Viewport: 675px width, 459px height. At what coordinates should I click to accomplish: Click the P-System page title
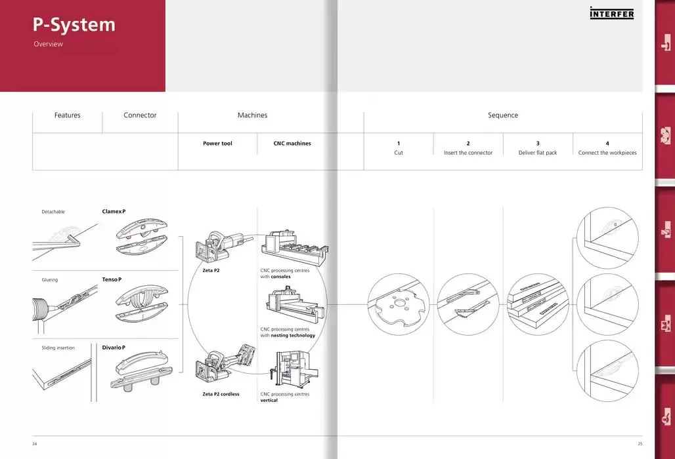pyautogui.click(x=74, y=25)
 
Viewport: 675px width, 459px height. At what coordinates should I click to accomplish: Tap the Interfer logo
pyautogui.click(x=612, y=13)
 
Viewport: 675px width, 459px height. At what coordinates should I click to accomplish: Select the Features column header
pyautogui.click(x=67, y=115)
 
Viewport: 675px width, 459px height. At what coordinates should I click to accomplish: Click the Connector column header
pyautogui.click(x=140, y=115)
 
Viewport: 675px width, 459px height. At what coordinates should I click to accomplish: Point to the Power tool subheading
pyautogui.click(x=217, y=144)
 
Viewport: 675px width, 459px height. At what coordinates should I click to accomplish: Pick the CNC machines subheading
pyautogui.click(x=292, y=144)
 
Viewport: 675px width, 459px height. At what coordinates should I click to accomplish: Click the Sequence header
pyautogui.click(x=503, y=115)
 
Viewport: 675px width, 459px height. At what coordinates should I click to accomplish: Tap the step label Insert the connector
pyautogui.click(x=468, y=153)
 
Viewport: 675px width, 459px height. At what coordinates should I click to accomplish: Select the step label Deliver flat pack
pyautogui.click(x=538, y=153)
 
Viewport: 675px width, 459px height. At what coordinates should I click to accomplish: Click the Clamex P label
pyautogui.click(x=114, y=211)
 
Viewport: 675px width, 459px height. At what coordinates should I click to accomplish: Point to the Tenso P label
pyautogui.click(x=112, y=279)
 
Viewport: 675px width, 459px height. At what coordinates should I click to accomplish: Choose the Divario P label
pyautogui.click(x=114, y=348)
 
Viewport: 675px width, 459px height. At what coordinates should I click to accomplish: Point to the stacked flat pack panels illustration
pyautogui.click(x=538, y=305)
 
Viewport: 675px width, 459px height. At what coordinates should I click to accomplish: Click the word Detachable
pyautogui.click(x=53, y=212)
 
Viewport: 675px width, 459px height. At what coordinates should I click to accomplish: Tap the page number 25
pyautogui.click(x=640, y=443)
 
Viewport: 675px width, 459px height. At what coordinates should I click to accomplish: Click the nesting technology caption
pyautogui.click(x=288, y=332)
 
